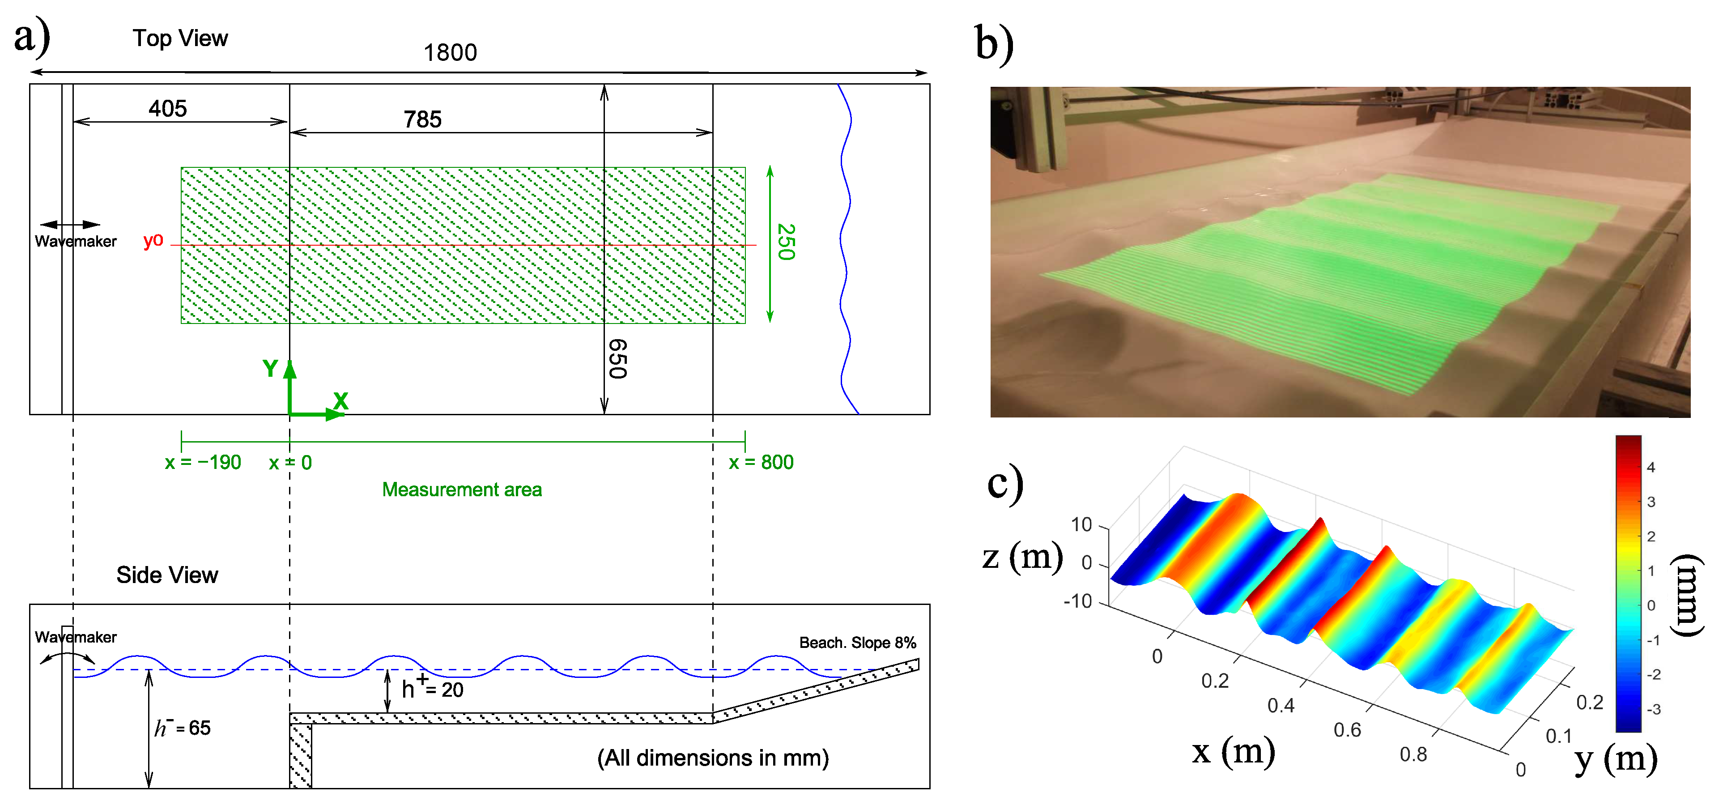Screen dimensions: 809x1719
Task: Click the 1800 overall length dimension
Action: (x=451, y=53)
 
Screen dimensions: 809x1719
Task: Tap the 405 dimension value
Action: (x=167, y=109)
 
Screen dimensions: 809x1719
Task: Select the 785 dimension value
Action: (x=422, y=119)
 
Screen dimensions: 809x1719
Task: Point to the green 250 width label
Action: (x=786, y=243)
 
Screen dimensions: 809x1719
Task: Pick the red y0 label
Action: (x=153, y=240)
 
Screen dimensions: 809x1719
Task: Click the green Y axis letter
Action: (x=270, y=368)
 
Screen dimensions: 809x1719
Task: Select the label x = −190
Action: (x=203, y=463)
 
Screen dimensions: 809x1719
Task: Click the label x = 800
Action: (x=761, y=463)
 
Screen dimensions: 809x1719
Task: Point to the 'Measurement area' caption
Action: (x=462, y=490)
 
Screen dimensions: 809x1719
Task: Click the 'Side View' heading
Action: (x=167, y=575)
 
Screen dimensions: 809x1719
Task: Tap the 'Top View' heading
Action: (x=180, y=39)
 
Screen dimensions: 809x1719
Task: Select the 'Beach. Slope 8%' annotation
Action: (x=858, y=643)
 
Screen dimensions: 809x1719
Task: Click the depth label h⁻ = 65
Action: (x=182, y=728)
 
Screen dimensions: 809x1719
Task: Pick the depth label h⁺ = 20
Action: (x=432, y=688)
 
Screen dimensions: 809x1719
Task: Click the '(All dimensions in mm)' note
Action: (x=713, y=758)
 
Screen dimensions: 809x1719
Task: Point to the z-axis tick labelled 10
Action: (x=1081, y=525)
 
